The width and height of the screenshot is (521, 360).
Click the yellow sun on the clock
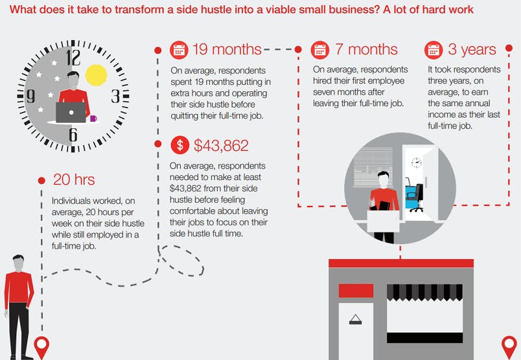[x=97, y=75]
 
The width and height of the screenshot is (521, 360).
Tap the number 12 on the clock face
[x=73, y=58]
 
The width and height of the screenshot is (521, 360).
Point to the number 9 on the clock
[x=30, y=96]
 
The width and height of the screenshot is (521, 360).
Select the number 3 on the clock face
[x=115, y=96]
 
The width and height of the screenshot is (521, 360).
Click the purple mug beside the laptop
[x=93, y=118]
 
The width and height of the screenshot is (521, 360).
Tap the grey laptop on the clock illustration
[x=71, y=112]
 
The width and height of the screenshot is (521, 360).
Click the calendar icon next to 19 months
[x=179, y=50]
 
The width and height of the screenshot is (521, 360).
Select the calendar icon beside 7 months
[x=320, y=50]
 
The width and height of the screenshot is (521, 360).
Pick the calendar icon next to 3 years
[x=434, y=50]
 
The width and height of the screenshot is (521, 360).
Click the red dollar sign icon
[x=179, y=145]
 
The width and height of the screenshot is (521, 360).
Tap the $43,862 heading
[x=221, y=146]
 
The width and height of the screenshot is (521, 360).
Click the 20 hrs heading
[x=74, y=179]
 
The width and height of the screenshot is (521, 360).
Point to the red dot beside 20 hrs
[x=41, y=181]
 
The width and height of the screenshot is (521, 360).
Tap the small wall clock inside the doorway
[x=416, y=163]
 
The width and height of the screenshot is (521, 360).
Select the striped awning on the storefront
[x=424, y=292]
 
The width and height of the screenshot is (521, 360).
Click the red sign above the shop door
[x=356, y=291]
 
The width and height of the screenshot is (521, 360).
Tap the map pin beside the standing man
[x=42, y=346]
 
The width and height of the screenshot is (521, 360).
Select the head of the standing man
[x=19, y=262]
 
